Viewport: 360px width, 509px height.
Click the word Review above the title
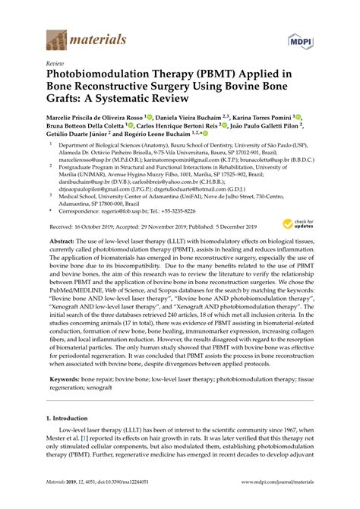(x=55, y=64)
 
